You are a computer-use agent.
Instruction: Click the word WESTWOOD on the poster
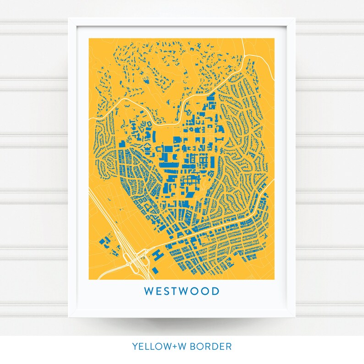182,291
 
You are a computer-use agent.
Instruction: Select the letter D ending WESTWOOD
215,291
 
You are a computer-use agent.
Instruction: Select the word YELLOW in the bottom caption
151,347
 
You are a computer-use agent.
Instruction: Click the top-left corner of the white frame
69,19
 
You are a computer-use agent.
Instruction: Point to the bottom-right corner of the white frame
295,316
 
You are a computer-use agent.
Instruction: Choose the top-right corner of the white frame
295,19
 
